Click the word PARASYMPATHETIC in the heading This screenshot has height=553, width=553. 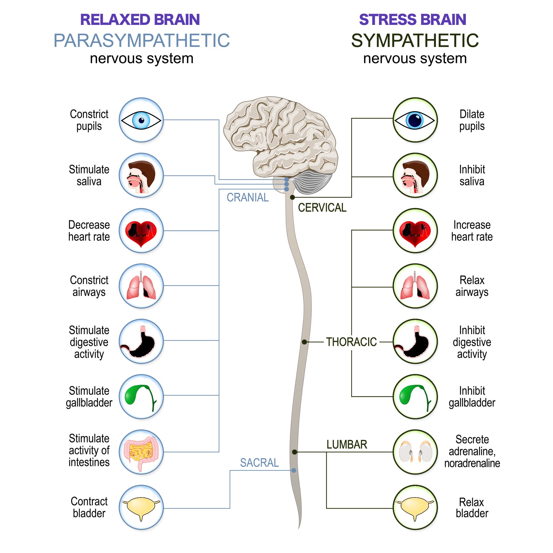click(x=141, y=41)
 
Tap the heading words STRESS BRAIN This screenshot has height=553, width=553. click(x=412, y=20)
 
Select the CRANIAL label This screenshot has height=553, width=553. click(x=247, y=198)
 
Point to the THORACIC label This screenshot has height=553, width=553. click(x=351, y=342)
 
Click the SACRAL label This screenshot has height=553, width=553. click(x=259, y=463)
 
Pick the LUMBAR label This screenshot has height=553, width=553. click(x=347, y=444)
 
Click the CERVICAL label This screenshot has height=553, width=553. click(x=322, y=208)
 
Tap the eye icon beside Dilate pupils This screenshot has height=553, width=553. click(x=415, y=120)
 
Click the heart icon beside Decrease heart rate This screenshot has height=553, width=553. click(x=141, y=231)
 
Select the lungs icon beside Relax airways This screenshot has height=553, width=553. click(x=415, y=286)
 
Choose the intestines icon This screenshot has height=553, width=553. click(x=141, y=452)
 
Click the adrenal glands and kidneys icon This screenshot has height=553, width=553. click(x=415, y=452)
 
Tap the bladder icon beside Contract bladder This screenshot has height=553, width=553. click(x=141, y=507)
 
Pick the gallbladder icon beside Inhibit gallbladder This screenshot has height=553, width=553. click(x=415, y=397)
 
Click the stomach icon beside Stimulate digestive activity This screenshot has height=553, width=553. click(x=141, y=341)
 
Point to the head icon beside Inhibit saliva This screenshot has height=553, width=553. click(x=415, y=176)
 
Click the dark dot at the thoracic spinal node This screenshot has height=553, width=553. click(x=304, y=342)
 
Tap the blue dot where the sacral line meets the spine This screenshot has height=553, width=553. click(x=294, y=470)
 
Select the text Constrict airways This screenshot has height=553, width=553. click(x=89, y=286)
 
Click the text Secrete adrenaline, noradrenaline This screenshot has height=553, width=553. click(x=472, y=451)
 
